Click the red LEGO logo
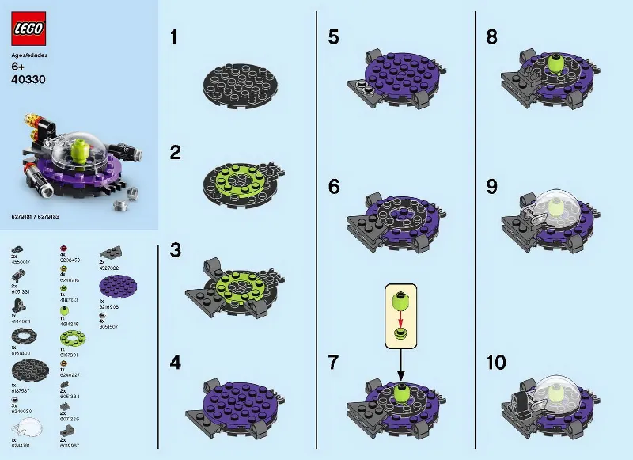(x=28, y=29)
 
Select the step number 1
(x=176, y=37)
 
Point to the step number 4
(x=176, y=363)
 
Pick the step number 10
(x=496, y=363)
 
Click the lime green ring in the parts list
(x=74, y=341)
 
